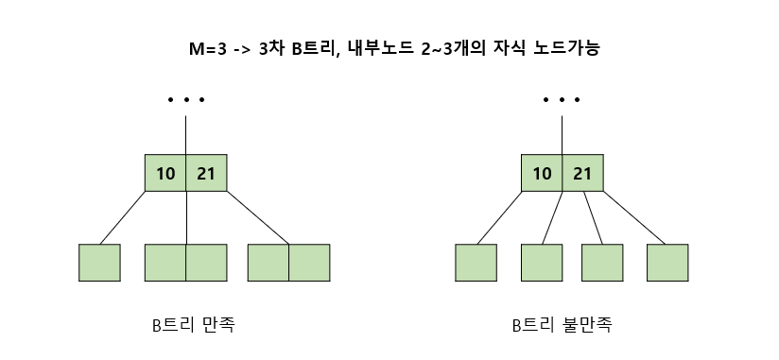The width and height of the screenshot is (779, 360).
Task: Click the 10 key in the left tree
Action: point(165,173)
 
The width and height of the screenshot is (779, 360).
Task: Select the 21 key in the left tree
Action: point(206,173)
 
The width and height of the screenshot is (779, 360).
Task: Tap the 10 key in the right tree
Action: point(542,173)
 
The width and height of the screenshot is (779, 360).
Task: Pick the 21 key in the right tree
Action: point(582,173)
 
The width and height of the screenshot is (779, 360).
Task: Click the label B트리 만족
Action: point(194,325)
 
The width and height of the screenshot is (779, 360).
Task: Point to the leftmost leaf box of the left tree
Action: point(99,263)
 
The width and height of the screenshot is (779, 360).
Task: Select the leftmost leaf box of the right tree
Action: point(476,263)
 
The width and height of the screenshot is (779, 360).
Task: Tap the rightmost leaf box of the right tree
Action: point(667,263)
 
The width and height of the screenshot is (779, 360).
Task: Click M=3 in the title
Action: point(209,48)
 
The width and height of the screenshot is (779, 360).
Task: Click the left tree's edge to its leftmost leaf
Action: point(122,217)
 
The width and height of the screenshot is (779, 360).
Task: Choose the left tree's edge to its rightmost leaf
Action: point(258,217)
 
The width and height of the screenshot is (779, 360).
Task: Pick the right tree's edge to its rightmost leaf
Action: point(633,217)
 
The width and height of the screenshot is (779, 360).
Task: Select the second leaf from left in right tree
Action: point(541,263)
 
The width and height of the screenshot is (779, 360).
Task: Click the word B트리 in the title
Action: point(312,48)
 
